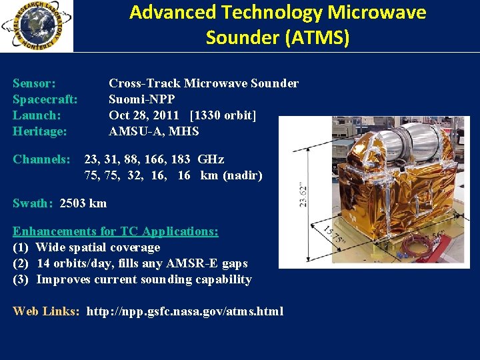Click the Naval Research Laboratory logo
pos(37,26)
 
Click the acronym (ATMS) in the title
pos(316,38)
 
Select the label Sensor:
pos(34,83)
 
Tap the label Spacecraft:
pos(45,99)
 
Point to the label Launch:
pos(37,115)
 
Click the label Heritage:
pos(40,131)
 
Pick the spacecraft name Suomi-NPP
pos(142,99)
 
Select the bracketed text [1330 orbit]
pos(223,115)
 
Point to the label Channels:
pos(41,159)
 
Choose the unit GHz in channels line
pos(211,159)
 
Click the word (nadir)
pos(243,175)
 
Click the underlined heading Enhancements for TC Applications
pos(115,231)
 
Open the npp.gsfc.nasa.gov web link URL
pos(185,311)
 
